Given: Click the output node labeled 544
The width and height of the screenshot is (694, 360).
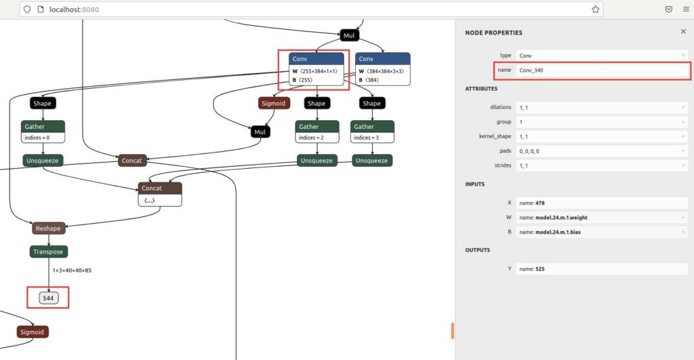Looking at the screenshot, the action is click(48, 298).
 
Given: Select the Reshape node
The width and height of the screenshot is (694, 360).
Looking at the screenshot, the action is click(49, 228).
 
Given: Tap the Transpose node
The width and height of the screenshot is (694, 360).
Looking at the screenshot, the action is click(49, 252).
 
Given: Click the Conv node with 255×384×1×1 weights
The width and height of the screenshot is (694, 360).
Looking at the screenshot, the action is click(316, 69).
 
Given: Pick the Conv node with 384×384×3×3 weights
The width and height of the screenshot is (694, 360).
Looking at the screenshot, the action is click(382, 69).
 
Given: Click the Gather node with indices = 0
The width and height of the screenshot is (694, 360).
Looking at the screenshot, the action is click(43, 132).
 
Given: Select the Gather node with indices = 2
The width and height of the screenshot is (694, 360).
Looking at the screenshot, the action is click(317, 132).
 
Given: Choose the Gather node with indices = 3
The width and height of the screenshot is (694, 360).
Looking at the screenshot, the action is click(372, 132).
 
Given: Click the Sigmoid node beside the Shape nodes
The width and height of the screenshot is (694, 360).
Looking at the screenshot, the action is click(274, 103).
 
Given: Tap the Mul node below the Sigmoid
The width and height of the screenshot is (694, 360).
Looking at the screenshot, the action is click(260, 132).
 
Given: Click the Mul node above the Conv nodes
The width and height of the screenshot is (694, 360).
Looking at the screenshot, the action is click(349, 35).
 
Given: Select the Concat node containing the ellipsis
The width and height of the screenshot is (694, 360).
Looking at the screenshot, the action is click(160, 194).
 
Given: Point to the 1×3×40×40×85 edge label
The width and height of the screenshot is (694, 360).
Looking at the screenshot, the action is click(72, 270).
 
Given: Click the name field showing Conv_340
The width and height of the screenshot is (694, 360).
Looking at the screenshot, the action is click(603, 70).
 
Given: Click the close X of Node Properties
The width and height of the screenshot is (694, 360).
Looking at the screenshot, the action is click(683, 31).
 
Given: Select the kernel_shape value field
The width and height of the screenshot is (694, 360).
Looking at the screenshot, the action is click(602, 136).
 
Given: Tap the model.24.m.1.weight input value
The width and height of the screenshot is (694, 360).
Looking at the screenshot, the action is click(561, 218).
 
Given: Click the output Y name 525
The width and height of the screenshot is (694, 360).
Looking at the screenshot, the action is click(540, 268).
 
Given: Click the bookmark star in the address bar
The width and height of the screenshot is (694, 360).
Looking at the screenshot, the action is click(595, 9).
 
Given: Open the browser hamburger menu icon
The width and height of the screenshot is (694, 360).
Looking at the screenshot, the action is click(686, 9).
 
